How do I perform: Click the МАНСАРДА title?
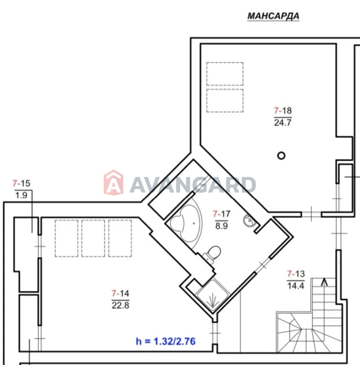click(x=273, y=16)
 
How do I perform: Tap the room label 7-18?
click(x=283, y=111)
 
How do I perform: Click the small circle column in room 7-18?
click(x=281, y=156)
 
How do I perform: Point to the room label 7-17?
click(x=222, y=214)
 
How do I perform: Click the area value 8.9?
click(x=222, y=226)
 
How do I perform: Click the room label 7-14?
click(x=120, y=294)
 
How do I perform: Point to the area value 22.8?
click(x=121, y=305)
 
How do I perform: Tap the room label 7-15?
click(x=21, y=183)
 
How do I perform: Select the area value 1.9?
click(x=21, y=195)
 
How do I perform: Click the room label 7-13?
click(x=296, y=274)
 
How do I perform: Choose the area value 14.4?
click(x=296, y=286)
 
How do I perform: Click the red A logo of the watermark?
click(x=114, y=182)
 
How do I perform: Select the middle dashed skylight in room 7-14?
click(x=93, y=238)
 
